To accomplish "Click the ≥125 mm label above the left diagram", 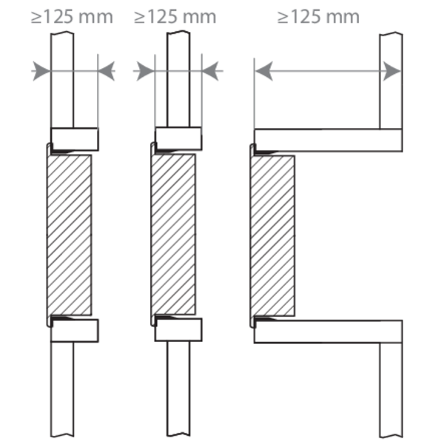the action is coord(72,17).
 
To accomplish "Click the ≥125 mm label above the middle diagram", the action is coord(175,17).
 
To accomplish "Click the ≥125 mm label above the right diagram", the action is coord(318,17).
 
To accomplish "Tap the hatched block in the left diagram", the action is coord(69,235).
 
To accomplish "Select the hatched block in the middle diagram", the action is coord(173,235).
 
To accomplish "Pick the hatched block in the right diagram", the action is coord(272,235).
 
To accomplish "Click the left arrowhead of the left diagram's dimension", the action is coord(41,71).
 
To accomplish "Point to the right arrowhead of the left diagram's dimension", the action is coord(107,71).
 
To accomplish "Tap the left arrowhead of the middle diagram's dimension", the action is coord(146,71).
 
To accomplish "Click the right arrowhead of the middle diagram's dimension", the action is coord(210,71).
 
